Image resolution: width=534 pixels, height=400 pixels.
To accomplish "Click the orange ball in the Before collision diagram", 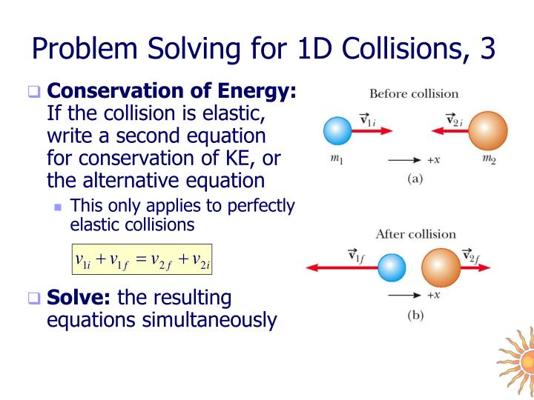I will pyautogui.click(x=487, y=131).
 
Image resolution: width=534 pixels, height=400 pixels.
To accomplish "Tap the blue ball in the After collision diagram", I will pyautogui.click(x=392, y=267).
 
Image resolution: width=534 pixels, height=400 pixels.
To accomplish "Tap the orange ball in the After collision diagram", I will pyautogui.click(x=441, y=267).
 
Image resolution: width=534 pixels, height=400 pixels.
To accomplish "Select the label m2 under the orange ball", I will pyautogui.click(x=488, y=159).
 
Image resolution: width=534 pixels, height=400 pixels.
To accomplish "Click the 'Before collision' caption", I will pyautogui.click(x=414, y=94).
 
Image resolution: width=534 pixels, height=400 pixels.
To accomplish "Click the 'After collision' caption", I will pyautogui.click(x=415, y=234).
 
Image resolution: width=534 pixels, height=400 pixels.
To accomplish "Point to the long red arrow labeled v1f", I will pyautogui.click(x=341, y=267).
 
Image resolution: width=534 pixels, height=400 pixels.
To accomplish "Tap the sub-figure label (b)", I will pyautogui.click(x=415, y=314).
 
